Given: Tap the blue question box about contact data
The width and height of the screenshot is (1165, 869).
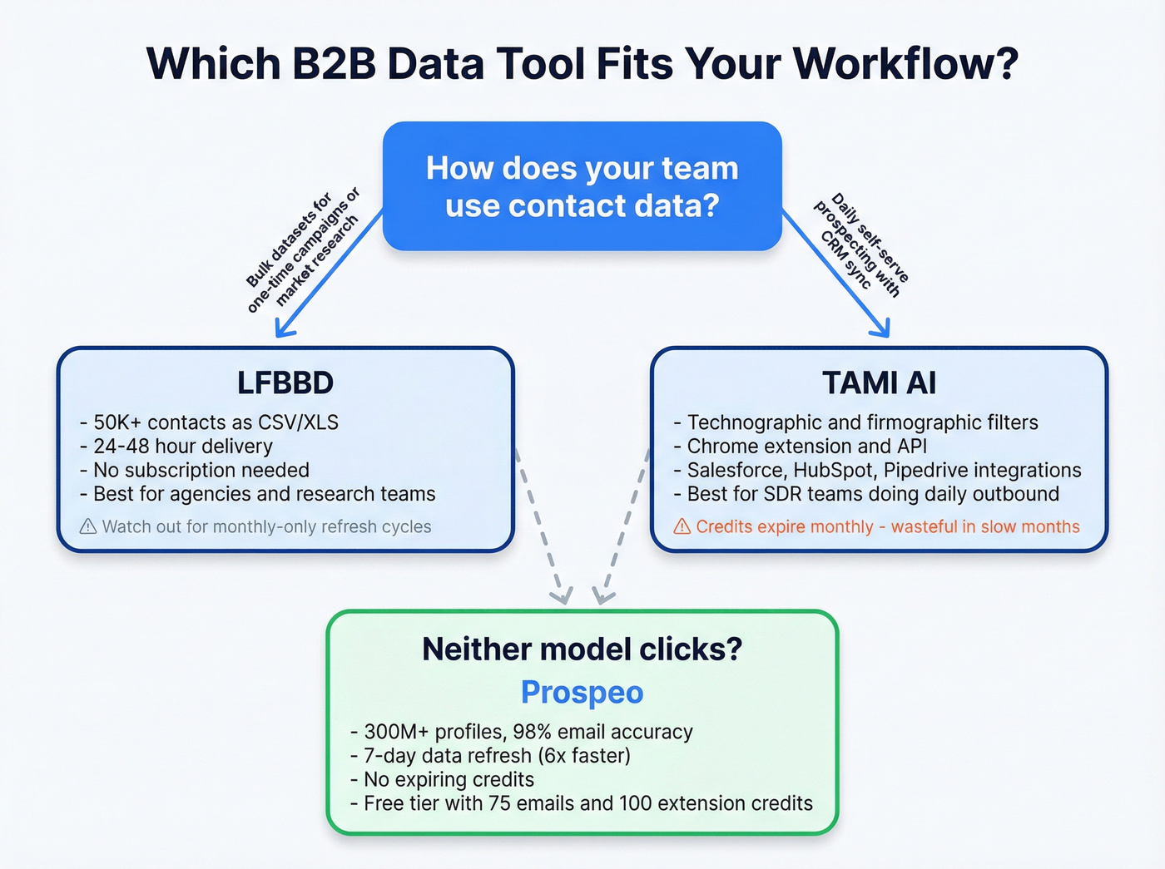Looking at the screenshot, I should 582,186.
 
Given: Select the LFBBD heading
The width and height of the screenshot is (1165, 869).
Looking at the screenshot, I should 285,383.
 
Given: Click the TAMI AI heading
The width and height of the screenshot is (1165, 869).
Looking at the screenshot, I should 879,383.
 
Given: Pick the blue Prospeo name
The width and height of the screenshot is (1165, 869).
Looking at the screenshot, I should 582,692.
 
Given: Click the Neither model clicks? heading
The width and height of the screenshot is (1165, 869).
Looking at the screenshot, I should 582,649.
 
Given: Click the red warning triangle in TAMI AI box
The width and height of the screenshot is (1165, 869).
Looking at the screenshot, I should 682,526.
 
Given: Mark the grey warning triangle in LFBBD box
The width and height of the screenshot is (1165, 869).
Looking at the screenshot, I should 88,526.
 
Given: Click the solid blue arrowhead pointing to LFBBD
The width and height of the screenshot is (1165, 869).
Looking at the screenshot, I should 284,328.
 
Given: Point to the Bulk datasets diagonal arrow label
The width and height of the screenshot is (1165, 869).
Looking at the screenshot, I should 303,249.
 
